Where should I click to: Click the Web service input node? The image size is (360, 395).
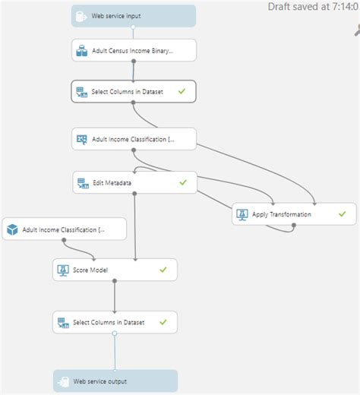(x=134, y=16)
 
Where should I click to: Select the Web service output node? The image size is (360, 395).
(x=115, y=381)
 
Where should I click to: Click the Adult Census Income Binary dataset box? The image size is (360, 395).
(x=134, y=51)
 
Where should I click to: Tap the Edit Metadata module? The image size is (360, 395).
(x=134, y=182)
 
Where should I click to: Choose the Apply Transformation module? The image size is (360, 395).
(x=293, y=214)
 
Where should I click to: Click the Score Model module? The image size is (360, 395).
(x=115, y=270)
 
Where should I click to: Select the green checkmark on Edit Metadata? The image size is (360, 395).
(x=182, y=182)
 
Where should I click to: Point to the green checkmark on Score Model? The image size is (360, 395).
(x=163, y=270)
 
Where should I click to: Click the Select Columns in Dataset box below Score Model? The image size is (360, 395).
(x=115, y=322)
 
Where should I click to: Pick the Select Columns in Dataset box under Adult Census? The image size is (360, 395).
(x=134, y=91)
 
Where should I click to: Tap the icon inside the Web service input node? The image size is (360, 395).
(x=81, y=16)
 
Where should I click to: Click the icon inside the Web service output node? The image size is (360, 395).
(x=63, y=381)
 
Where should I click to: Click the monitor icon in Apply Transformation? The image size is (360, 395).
(x=243, y=214)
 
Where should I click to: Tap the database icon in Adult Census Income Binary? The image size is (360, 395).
(x=81, y=51)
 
